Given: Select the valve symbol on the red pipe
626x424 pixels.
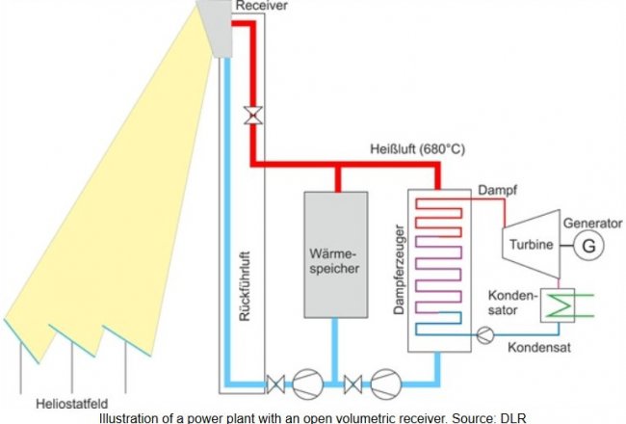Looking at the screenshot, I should click(252, 116).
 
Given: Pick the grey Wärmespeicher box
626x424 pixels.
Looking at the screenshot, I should click(336, 254).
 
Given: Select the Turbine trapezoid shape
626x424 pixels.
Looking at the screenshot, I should click(529, 245).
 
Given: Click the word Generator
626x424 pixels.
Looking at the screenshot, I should click(591, 223).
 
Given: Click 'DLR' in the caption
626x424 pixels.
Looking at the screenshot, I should click(510, 417).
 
